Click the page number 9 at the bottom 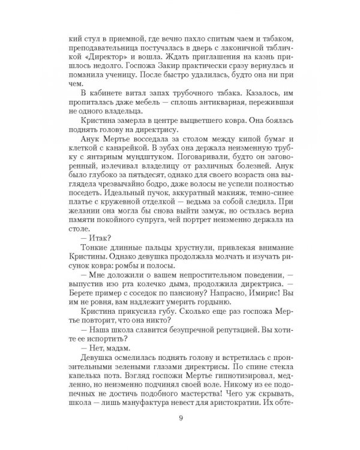180,419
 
